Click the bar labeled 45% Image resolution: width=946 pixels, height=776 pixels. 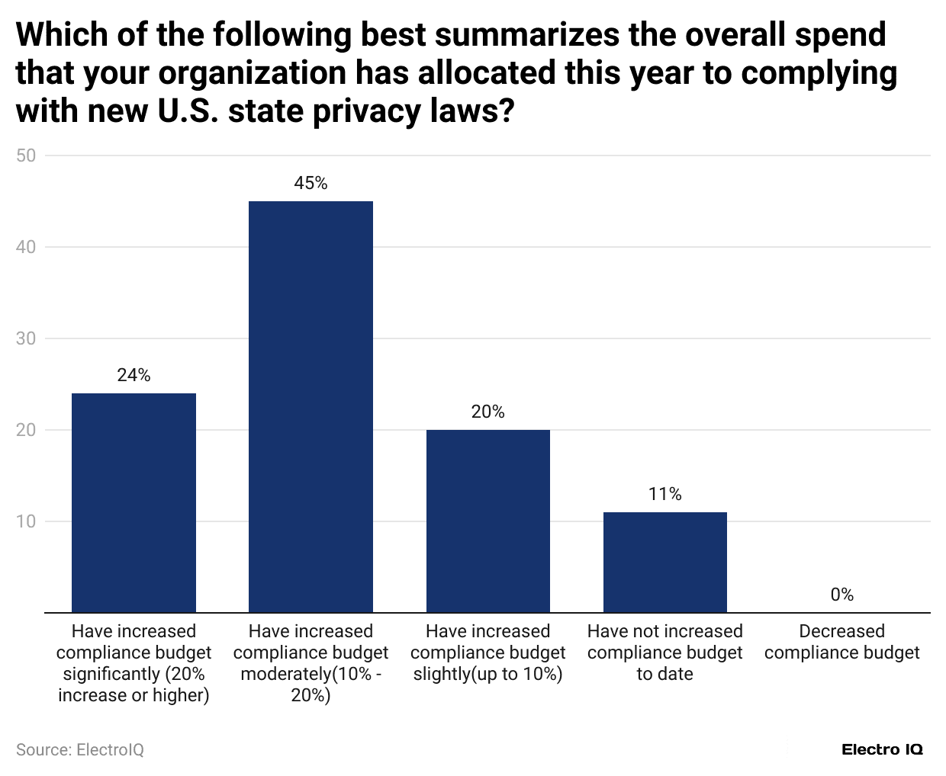tap(311, 406)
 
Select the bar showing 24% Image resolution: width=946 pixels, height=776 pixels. tap(134, 502)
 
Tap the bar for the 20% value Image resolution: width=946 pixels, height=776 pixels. tap(487, 521)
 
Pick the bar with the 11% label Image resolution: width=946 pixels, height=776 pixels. tap(664, 562)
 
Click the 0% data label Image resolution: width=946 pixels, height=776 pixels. tap(841, 595)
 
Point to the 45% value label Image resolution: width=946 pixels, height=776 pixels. tap(311, 183)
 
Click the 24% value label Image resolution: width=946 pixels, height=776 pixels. tap(134, 375)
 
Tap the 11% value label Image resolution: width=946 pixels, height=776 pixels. tap(664, 494)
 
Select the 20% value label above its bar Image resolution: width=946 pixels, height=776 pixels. tap(487, 412)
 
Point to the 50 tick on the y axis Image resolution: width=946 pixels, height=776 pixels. tap(26, 156)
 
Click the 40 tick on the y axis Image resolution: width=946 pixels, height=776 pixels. tap(26, 247)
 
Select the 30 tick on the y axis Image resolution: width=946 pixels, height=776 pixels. tap(26, 338)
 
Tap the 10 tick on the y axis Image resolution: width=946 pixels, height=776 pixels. tap(26, 521)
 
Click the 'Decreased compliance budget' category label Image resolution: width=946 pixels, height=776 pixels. tap(841, 642)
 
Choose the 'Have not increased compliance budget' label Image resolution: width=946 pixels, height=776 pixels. tap(664, 653)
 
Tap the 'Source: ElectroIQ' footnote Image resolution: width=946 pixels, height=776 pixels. tap(80, 750)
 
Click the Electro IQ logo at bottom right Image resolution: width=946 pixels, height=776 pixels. tap(882, 750)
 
